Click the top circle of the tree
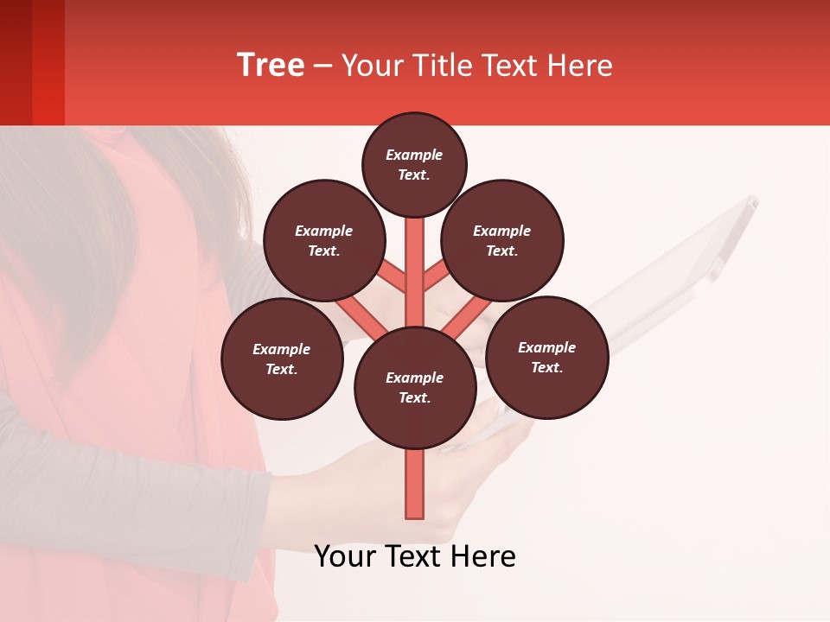click(x=414, y=164)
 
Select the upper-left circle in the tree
click(x=324, y=240)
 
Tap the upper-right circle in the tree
click(x=502, y=240)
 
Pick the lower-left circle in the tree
click(x=282, y=359)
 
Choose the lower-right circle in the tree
click(x=546, y=357)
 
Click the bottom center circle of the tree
click(x=415, y=387)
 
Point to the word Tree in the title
click(x=271, y=65)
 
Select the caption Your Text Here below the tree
click(x=415, y=556)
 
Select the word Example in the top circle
click(x=414, y=155)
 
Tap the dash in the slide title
click(x=322, y=66)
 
